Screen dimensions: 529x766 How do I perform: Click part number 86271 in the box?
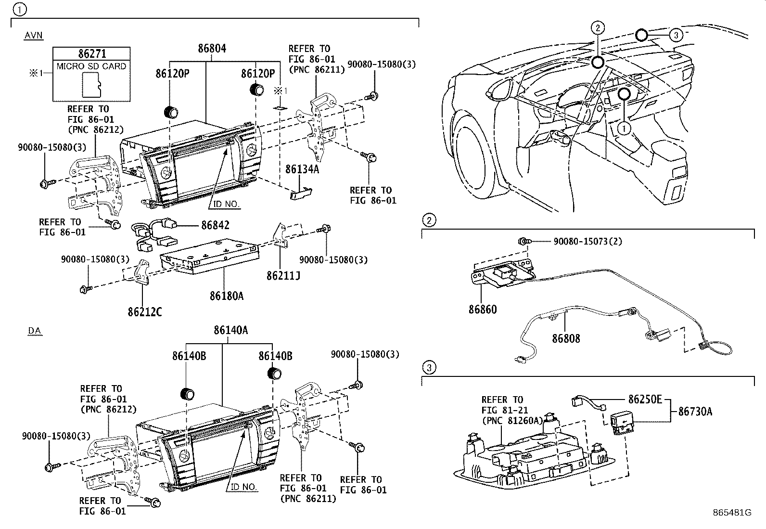point(91,54)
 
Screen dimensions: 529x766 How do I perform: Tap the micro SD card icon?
point(91,84)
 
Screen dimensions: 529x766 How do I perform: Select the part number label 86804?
point(212,49)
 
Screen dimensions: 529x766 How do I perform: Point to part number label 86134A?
point(302,169)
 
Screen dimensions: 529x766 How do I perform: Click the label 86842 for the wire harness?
point(215,225)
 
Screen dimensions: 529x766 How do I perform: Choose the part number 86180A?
point(226,296)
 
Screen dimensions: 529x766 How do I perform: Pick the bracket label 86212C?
point(144,311)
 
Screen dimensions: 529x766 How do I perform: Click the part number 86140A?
point(231,330)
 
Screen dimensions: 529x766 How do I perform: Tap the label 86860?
point(483,310)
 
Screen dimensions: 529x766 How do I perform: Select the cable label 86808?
point(566,338)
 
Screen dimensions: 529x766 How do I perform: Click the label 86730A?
point(695,412)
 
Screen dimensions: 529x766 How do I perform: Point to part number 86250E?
point(645,399)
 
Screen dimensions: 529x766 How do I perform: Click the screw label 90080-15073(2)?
point(587,241)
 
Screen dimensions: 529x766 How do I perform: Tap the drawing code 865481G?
point(732,513)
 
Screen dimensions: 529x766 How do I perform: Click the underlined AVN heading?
point(33,35)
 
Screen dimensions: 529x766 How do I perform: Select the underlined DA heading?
point(34,330)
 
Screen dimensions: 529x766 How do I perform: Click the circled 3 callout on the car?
point(676,35)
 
